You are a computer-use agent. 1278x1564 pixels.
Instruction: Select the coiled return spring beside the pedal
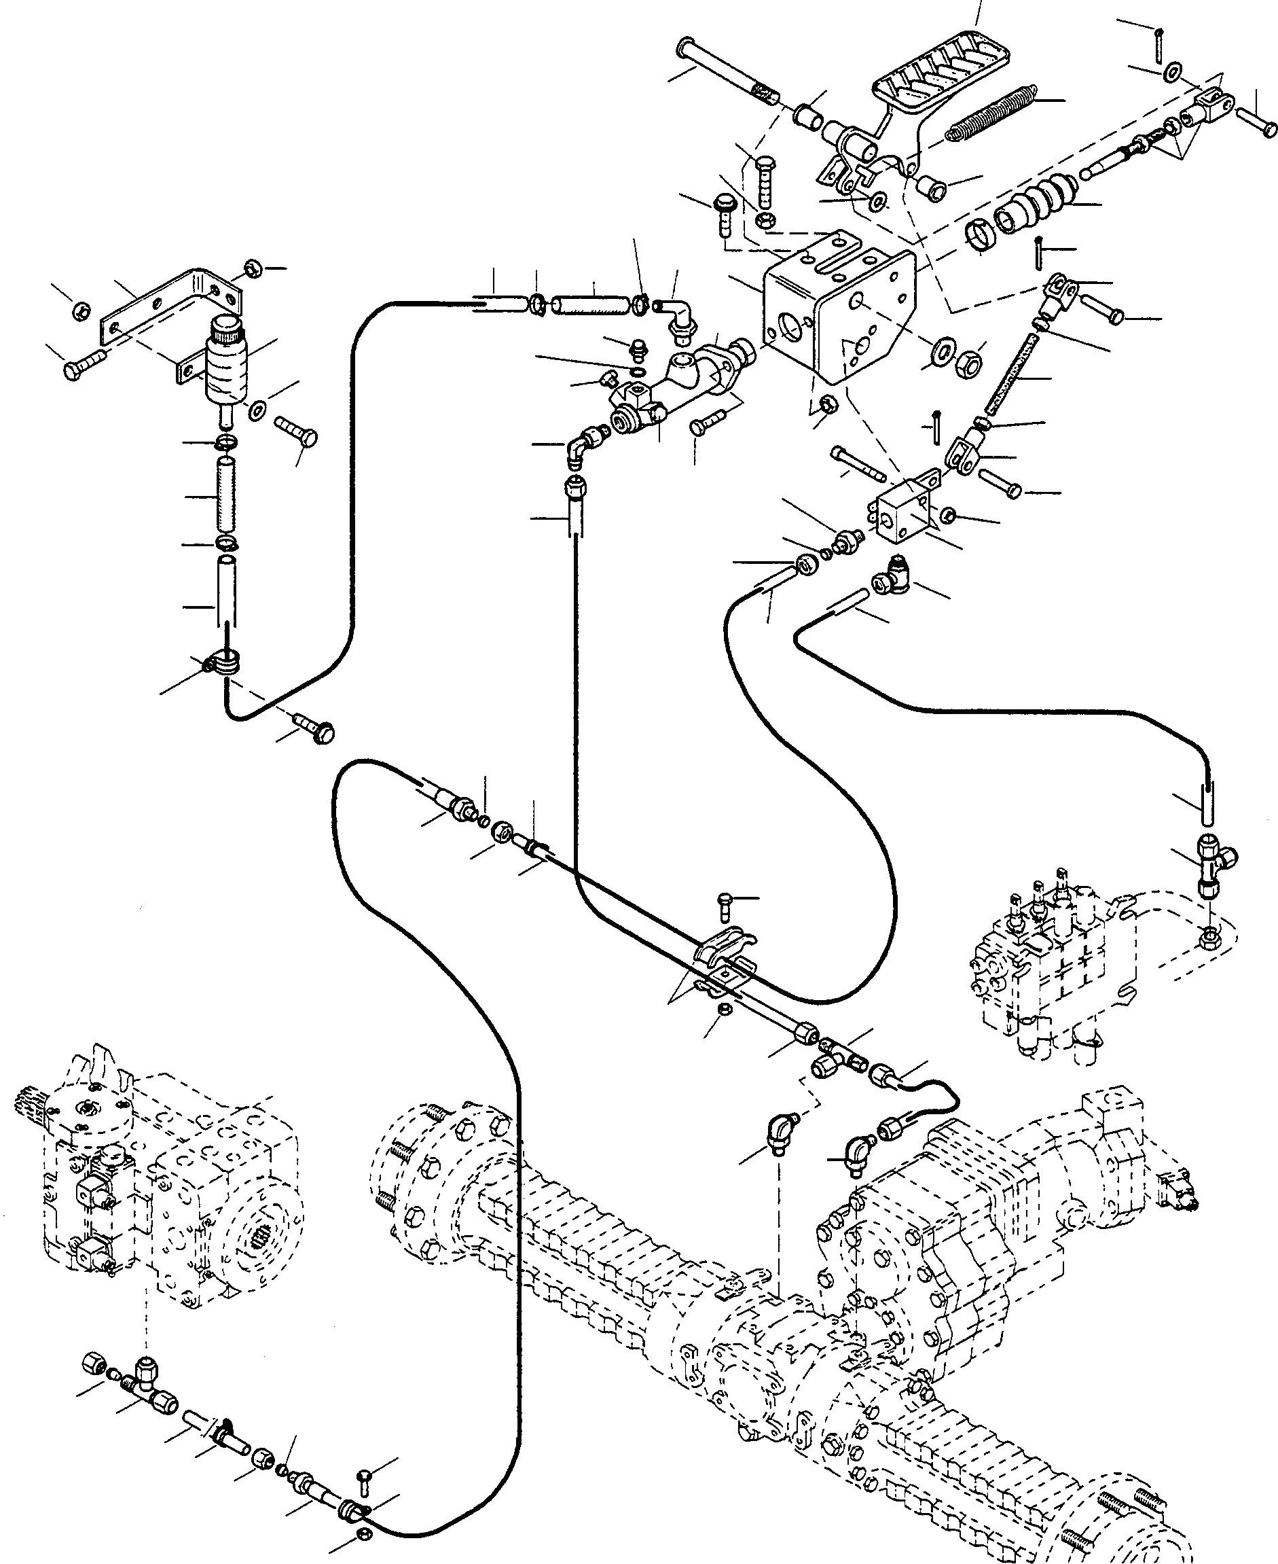[x=991, y=111]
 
